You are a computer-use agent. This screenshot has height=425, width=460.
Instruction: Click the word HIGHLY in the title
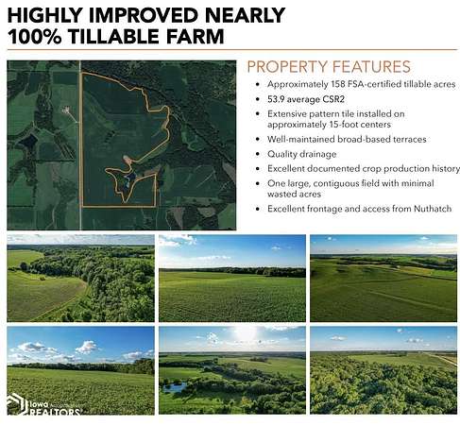click(44, 15)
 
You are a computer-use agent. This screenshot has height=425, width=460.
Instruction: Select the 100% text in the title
click(35, 36)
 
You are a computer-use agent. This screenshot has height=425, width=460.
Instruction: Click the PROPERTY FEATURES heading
click(329, 66)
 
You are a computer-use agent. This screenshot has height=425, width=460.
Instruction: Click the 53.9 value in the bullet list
click(276, 99)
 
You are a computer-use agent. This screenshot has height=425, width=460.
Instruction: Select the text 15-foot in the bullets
click(343, 125)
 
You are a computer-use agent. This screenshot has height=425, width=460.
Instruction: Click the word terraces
click(409, 139)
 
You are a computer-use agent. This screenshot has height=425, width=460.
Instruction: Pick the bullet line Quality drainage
click(301, 154)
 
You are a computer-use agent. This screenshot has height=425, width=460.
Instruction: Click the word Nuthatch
click(433, 209)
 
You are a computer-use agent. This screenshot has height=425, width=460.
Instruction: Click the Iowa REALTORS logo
click(43, 404)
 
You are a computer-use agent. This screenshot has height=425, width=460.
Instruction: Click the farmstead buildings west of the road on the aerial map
click(66, 110)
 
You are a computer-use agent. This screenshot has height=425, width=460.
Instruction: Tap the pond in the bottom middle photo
click(174, 387)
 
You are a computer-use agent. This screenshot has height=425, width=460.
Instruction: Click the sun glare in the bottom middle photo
click(245, 332)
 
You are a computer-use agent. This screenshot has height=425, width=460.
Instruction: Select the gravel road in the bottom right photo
click(442, 358)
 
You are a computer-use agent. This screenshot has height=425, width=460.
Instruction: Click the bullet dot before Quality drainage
click(258, 154)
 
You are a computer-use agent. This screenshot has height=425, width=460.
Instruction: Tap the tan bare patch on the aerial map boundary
click(127, 159)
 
